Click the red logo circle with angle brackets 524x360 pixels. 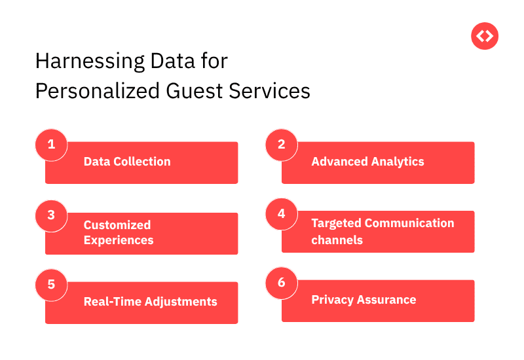(485, 36)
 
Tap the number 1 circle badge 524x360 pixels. (51, 145)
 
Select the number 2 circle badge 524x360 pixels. (282, 145)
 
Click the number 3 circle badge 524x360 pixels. (51, 215)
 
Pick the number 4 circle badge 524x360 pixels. (282, 213)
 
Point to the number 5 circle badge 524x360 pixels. (51, 285)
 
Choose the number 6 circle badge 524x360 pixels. (282, 283)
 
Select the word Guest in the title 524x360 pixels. (191, 90)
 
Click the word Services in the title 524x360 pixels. (269, 90)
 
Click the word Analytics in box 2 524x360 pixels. (396, 162)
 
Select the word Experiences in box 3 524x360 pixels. (119, 240)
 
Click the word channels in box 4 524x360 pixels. (337, 240)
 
